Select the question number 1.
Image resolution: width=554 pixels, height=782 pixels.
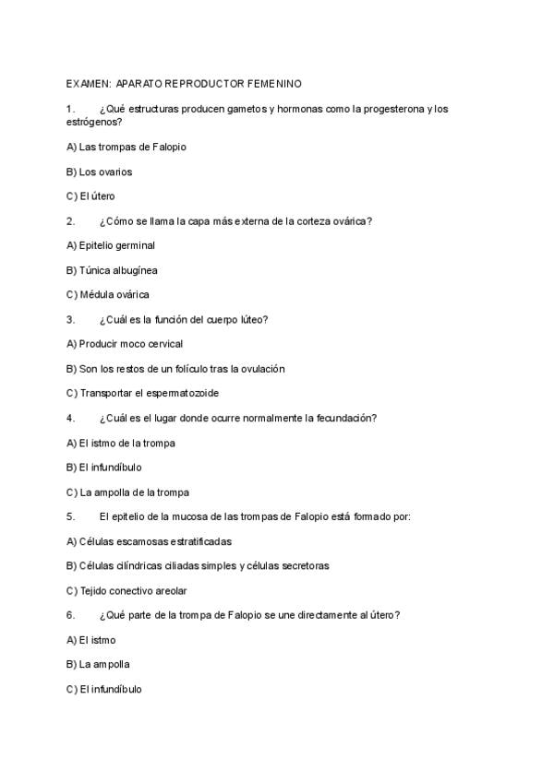(x=70, y=109)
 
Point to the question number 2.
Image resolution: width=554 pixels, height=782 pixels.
(x=70, y=221)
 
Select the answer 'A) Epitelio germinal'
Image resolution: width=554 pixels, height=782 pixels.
(x=111, y=245)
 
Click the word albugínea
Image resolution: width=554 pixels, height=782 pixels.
(x=135, y=270)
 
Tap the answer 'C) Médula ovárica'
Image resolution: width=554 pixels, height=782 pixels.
(x=108, y=295)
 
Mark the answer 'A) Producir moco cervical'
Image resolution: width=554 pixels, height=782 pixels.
(x=125, y=344)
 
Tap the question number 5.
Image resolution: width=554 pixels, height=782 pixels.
(x=70, y=516)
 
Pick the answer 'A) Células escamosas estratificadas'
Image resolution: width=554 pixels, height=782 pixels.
(x=150, y=541)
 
